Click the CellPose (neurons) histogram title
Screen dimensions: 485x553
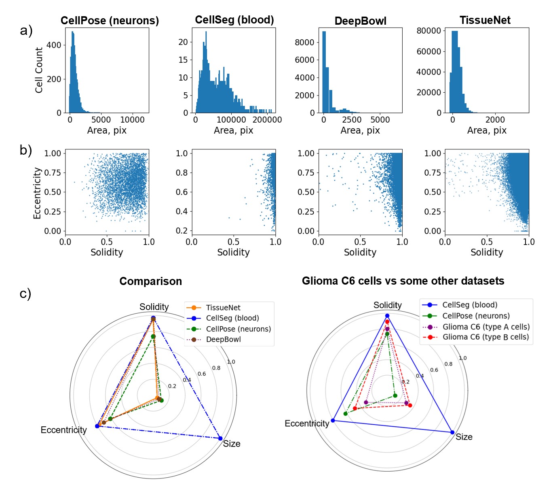(110, 21)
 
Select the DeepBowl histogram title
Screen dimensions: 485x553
(360, 21)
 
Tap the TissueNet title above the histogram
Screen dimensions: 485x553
(485, 20)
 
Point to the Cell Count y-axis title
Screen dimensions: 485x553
(39, 70)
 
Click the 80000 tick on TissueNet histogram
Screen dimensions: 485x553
(428, 31)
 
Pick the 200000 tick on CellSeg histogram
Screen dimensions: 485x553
(267, 120)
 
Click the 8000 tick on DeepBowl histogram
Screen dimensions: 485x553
(304, 42)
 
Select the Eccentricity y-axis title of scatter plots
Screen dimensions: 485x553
(37, 193)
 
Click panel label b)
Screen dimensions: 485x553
(26, 150)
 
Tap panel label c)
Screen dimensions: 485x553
(25, 294)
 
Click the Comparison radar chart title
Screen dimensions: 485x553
(150, 281)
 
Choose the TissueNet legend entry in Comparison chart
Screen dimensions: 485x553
(223, 308)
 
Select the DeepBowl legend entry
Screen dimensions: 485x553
(223, 339)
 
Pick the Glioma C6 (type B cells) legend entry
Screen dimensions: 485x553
(485, 337)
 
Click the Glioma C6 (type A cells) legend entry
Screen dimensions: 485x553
(485, 327)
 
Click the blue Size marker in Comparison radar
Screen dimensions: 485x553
(220, 438)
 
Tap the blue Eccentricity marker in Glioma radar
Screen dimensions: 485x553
(333, 420)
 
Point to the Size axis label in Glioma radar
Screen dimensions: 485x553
(464, 437)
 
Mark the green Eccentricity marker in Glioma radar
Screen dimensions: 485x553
(346, 413)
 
